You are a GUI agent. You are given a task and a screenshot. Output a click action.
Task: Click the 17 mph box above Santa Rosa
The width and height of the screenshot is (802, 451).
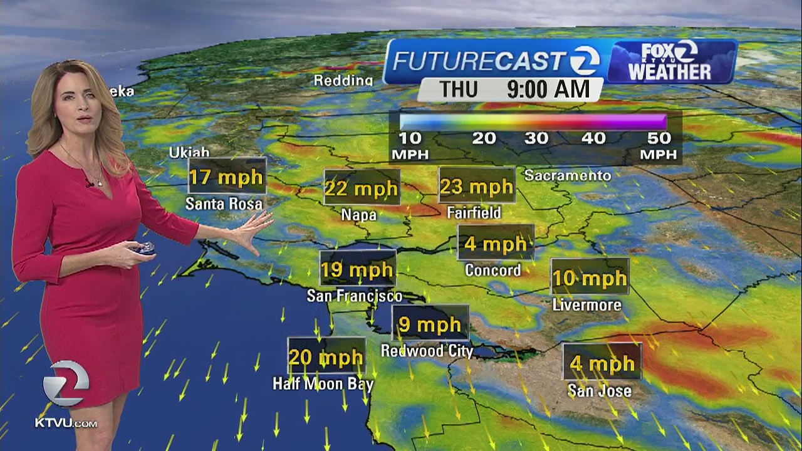click(227, 176)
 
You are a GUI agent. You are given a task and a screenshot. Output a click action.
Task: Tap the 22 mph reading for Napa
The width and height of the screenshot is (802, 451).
click(362, 187)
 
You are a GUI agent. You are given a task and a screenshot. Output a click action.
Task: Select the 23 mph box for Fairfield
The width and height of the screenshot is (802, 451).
click(476, 186)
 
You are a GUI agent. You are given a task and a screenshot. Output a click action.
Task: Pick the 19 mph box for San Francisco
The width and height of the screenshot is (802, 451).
click(357, 269)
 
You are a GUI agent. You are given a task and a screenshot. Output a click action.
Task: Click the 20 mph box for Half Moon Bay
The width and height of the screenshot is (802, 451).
click(326, 357)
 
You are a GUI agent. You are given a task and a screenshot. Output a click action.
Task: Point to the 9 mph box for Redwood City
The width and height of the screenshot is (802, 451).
click(430, 324)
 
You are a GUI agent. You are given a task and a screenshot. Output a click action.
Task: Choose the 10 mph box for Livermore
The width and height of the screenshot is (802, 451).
click(589, 277)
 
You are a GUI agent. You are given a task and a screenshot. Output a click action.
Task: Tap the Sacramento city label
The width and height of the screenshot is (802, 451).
click(567, 175)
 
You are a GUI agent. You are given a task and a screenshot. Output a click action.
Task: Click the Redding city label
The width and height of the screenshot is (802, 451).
click(343, 80)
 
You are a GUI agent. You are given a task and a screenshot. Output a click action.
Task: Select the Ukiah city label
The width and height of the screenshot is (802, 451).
click(189, 153)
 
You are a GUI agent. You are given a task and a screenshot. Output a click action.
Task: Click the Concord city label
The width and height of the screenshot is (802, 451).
click(492, 271)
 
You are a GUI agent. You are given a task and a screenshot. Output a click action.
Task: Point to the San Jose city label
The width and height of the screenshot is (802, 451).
click(599, 391)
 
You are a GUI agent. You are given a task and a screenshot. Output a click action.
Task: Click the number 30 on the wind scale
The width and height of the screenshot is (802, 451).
click(536, 138)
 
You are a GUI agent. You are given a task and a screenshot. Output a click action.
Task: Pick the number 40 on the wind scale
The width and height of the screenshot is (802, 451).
click(593, 138)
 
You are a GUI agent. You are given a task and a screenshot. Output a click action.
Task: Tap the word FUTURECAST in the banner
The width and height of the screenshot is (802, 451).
click(479, 61)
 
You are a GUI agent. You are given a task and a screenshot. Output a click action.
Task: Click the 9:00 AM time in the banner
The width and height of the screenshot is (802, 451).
click(548, 89)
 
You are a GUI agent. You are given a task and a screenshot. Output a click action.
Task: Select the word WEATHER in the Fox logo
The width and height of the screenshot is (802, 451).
click(669, 71)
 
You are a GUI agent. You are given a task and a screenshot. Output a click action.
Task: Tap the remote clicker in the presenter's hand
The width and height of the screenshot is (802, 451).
click(145, 248)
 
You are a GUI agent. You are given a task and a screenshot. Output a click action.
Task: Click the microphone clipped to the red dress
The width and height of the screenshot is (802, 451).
click(90, 184)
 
